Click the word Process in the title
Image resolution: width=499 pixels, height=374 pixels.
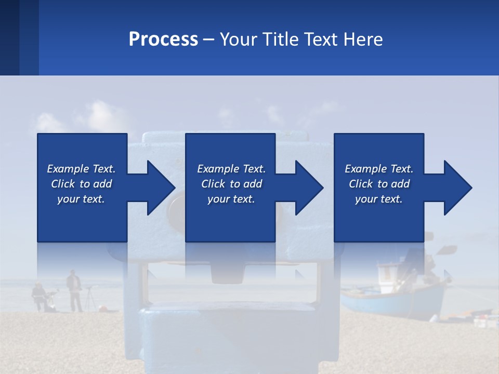point(163,39)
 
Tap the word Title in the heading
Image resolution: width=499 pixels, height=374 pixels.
point(275,39)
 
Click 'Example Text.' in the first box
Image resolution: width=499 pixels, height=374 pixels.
point(81,169)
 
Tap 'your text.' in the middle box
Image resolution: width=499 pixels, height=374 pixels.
point(231,199)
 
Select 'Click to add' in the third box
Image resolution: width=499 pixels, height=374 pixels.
point(379,184)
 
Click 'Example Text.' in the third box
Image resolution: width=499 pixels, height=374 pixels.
point(379,169)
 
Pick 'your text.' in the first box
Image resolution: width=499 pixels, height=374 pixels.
point(81,199)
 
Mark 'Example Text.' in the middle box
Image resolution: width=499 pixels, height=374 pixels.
point(231,169)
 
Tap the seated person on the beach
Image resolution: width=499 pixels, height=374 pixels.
point(38,296)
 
